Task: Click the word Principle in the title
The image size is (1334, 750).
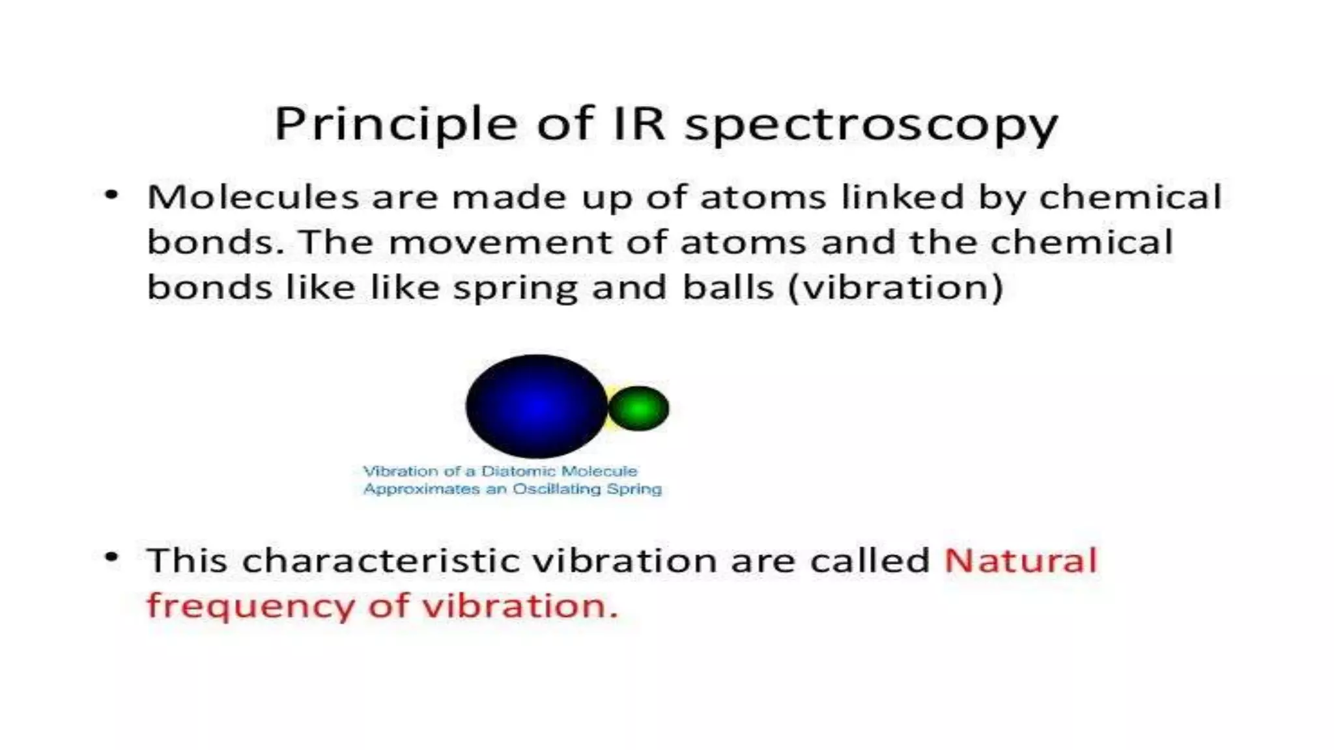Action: [x=395, y=124]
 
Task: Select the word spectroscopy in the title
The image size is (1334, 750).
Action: [x=871, y=125]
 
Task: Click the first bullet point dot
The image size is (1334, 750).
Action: [x=112, y=194]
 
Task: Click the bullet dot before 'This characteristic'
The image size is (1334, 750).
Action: [x=112, y=557]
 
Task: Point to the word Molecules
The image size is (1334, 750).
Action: [x=253, y=197]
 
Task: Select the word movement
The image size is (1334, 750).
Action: [x=500, y=242]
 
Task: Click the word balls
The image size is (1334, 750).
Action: [x=728, y=288]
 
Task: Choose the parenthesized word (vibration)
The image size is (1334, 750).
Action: [x=896, y=288]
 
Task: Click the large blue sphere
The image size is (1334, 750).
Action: [x=536, y=406]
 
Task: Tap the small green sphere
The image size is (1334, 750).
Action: [x=639, y=408]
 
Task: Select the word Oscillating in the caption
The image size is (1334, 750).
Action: [x=557, y=489]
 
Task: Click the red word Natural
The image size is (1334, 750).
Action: [x=1021, y=561]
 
